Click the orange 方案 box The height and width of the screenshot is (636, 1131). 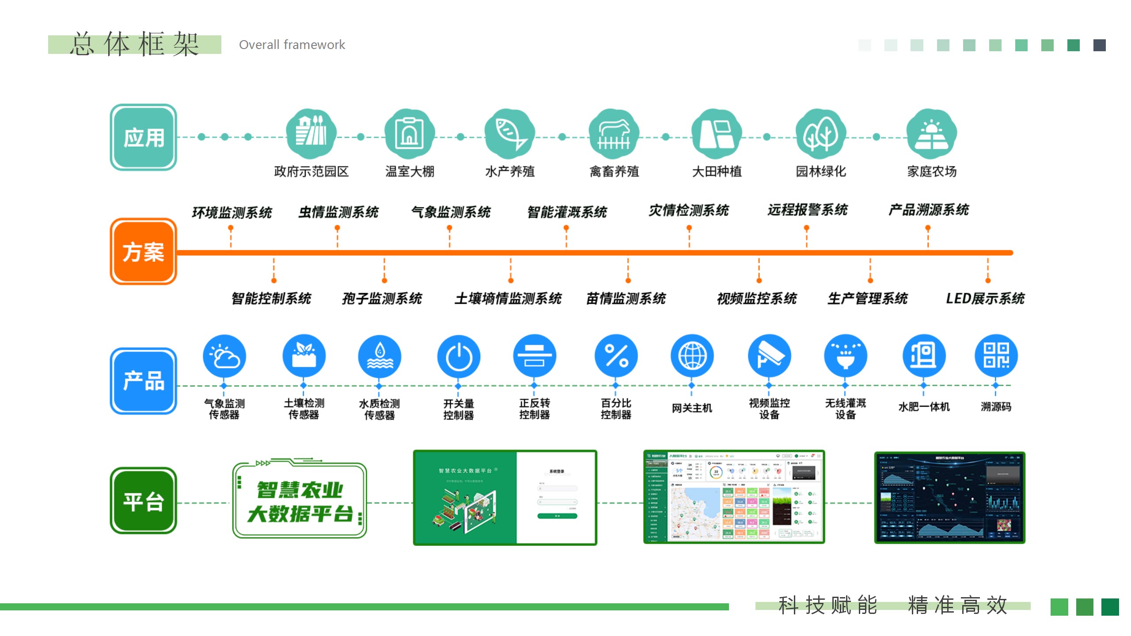[143, 252]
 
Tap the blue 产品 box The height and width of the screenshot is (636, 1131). [143, 381]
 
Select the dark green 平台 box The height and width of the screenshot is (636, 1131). [143, 501]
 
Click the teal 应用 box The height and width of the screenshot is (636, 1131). [143, 137]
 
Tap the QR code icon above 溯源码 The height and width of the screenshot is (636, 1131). [996, 356]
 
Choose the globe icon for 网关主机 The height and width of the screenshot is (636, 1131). [692, 356]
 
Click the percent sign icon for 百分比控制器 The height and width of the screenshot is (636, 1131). [616, 356]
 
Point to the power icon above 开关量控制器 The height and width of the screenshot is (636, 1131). [459, 356]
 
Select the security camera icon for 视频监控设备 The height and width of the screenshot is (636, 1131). [769, 356]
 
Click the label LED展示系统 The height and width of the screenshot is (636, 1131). [985, 299]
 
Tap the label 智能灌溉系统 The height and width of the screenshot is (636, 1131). [567, 212]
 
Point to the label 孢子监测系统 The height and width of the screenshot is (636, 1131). [382, 299]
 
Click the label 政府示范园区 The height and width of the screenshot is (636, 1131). [311, 171]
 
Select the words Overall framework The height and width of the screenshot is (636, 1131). [292, 45]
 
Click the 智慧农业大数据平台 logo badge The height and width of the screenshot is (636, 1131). [300, 501]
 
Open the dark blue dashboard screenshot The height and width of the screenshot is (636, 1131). [950, 498]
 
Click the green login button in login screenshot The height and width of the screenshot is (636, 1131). [557, 516]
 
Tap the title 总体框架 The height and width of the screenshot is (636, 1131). [134, 45]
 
